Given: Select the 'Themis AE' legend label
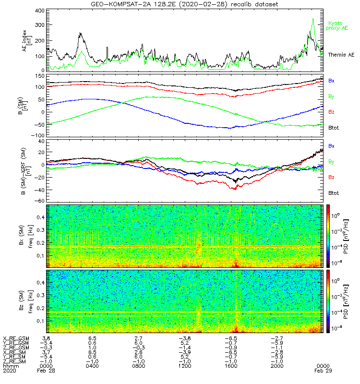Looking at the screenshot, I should [341, 55].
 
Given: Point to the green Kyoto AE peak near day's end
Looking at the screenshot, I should [313, 19].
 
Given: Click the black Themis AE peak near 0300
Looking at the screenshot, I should [80, 34].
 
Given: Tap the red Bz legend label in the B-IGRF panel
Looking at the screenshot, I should [331, 178].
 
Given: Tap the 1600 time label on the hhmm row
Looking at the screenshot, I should [231, 366].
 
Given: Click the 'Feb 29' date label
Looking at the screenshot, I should [322, 371].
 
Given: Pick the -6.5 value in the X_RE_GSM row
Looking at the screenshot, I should [231, 338].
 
